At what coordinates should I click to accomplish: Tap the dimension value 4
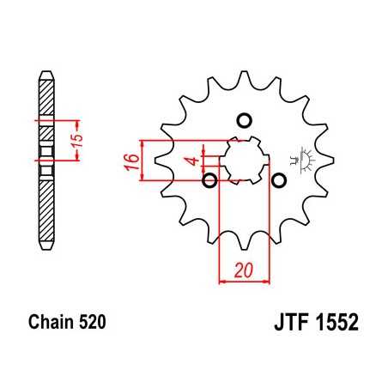(x=195, y=161)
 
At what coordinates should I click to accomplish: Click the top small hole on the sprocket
(x=243, y=119)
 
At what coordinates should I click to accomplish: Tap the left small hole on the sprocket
(x=209, y=180)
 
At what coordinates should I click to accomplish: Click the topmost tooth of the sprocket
(x=243, y=79)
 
